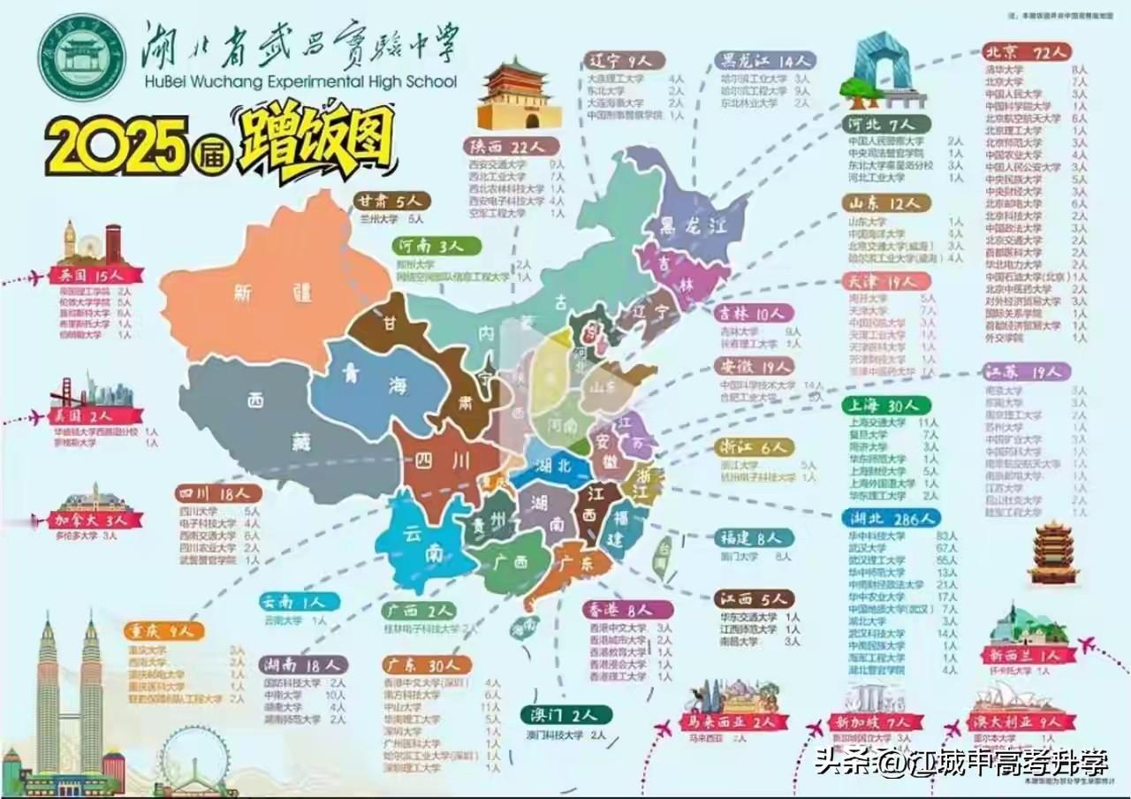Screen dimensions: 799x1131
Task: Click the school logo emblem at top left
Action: (x=82, y=57)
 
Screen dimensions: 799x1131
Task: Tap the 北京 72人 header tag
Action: (x=1027, y=52)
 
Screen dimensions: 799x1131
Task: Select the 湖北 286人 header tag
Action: (x=891, y=518)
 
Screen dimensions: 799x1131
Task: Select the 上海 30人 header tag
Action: (x=885, y=405)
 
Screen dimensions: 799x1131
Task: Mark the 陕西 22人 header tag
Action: (x=509, y=146)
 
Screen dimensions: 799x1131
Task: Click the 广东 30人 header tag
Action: (x=428, y=665)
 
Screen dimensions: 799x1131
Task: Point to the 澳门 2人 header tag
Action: (x=565, y=714)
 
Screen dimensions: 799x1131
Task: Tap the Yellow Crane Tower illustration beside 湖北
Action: (x=1053, y=552)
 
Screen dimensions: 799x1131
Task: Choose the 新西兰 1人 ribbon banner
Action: (x=1028, y=655)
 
